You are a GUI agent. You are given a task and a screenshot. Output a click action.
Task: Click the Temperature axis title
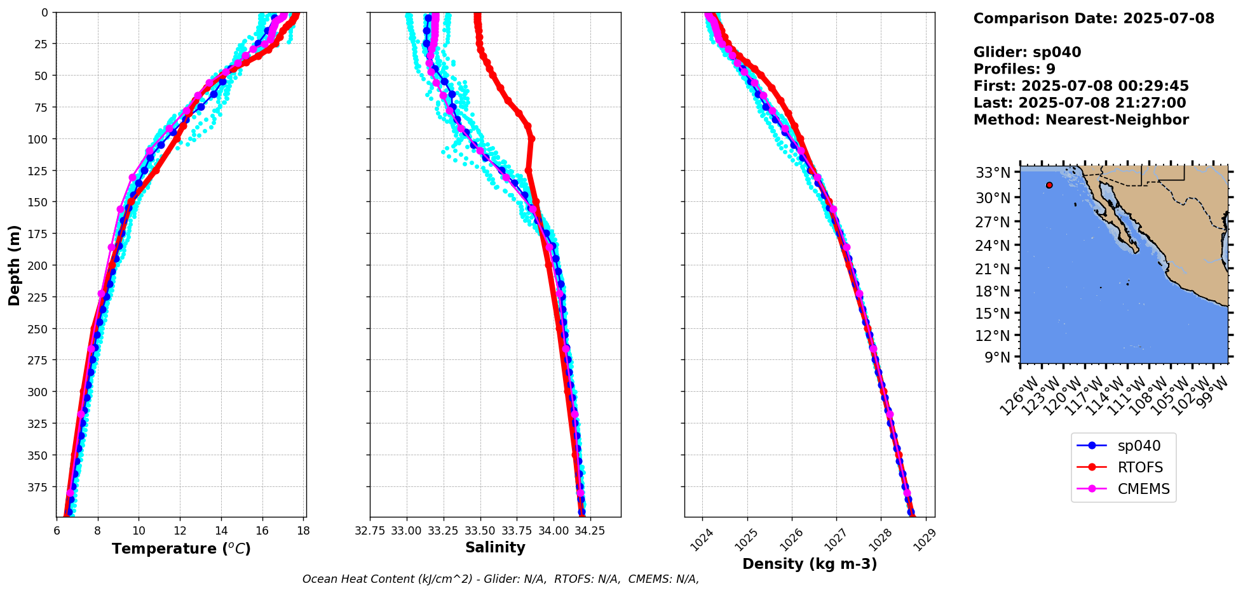pos(181,549)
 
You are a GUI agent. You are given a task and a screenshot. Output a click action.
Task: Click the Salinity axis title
pos(495,547)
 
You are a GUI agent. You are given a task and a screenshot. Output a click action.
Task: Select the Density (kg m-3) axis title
pos(809,564)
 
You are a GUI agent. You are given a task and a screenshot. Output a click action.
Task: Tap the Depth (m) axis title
pos(14,265)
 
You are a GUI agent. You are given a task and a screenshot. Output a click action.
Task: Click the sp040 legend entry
pos(1138,446)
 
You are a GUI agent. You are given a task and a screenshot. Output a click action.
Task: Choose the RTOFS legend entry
pos(1139,467)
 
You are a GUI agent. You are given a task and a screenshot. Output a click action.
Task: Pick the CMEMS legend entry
pos(1143,489)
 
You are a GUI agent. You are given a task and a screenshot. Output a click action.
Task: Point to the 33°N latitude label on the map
pos(993,173)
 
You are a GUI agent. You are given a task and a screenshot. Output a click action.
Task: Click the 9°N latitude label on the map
pos(997,357)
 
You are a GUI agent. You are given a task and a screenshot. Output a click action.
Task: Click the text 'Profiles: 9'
pos(1014,69)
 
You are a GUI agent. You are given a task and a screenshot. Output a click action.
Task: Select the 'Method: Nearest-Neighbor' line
pos(1080,119)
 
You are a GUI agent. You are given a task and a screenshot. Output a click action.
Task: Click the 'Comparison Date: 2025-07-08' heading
pos(1093,18)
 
